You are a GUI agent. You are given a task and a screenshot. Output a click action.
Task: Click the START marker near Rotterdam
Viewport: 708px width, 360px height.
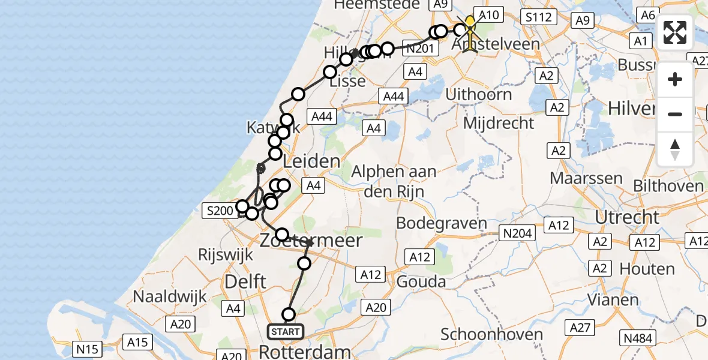286,332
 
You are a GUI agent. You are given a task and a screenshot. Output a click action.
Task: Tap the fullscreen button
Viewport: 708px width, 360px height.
675,32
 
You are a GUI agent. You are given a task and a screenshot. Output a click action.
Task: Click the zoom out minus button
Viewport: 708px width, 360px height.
675,114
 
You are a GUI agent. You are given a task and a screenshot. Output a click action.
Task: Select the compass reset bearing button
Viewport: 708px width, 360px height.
675,149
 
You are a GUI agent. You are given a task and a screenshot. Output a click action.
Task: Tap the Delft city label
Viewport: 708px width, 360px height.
246,280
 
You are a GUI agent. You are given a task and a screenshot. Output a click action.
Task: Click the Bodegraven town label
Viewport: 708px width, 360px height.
442,224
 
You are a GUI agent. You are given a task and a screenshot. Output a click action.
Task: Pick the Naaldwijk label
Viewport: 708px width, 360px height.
170,296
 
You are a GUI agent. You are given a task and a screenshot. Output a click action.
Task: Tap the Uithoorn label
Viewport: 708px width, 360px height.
479,94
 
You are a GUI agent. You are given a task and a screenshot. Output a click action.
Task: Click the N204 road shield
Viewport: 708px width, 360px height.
517,233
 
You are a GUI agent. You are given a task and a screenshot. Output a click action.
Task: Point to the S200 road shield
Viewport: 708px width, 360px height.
220,210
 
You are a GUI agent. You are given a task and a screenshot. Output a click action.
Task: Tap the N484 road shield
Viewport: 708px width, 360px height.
637,338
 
